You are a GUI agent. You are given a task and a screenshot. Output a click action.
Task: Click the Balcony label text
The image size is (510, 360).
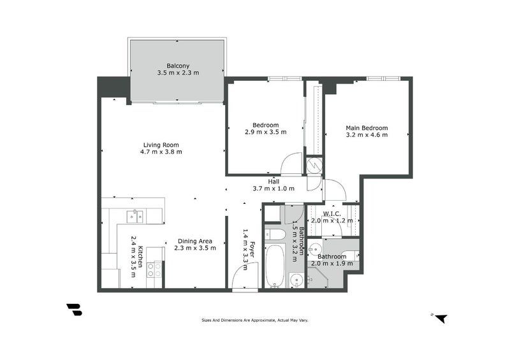tap(178, 66)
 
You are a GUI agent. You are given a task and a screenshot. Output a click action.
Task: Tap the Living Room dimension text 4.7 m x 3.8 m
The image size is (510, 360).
tap(161, 152)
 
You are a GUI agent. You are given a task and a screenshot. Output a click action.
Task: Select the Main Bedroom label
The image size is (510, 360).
tap(367, 127)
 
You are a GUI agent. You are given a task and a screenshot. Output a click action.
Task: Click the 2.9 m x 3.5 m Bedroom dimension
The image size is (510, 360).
tap(265, 132)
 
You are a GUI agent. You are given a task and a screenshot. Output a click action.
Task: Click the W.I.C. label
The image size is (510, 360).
tap(331, 213)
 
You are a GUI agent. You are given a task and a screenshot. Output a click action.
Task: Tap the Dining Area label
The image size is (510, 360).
tap(195, 241)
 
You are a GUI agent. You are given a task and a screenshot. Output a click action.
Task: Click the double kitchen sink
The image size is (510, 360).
tap(134, 216)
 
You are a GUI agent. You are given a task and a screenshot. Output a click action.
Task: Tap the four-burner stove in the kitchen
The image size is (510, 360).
tap(154, 270)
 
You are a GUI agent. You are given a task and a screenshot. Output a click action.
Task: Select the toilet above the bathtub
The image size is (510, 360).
tap(275, 234)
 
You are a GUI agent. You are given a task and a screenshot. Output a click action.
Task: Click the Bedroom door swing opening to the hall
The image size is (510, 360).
tap(292, 164)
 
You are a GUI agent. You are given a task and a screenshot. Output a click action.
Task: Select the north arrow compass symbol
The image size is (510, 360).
tap(440, 317)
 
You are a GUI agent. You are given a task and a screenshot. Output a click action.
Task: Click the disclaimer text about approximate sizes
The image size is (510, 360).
tap(255, 320)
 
